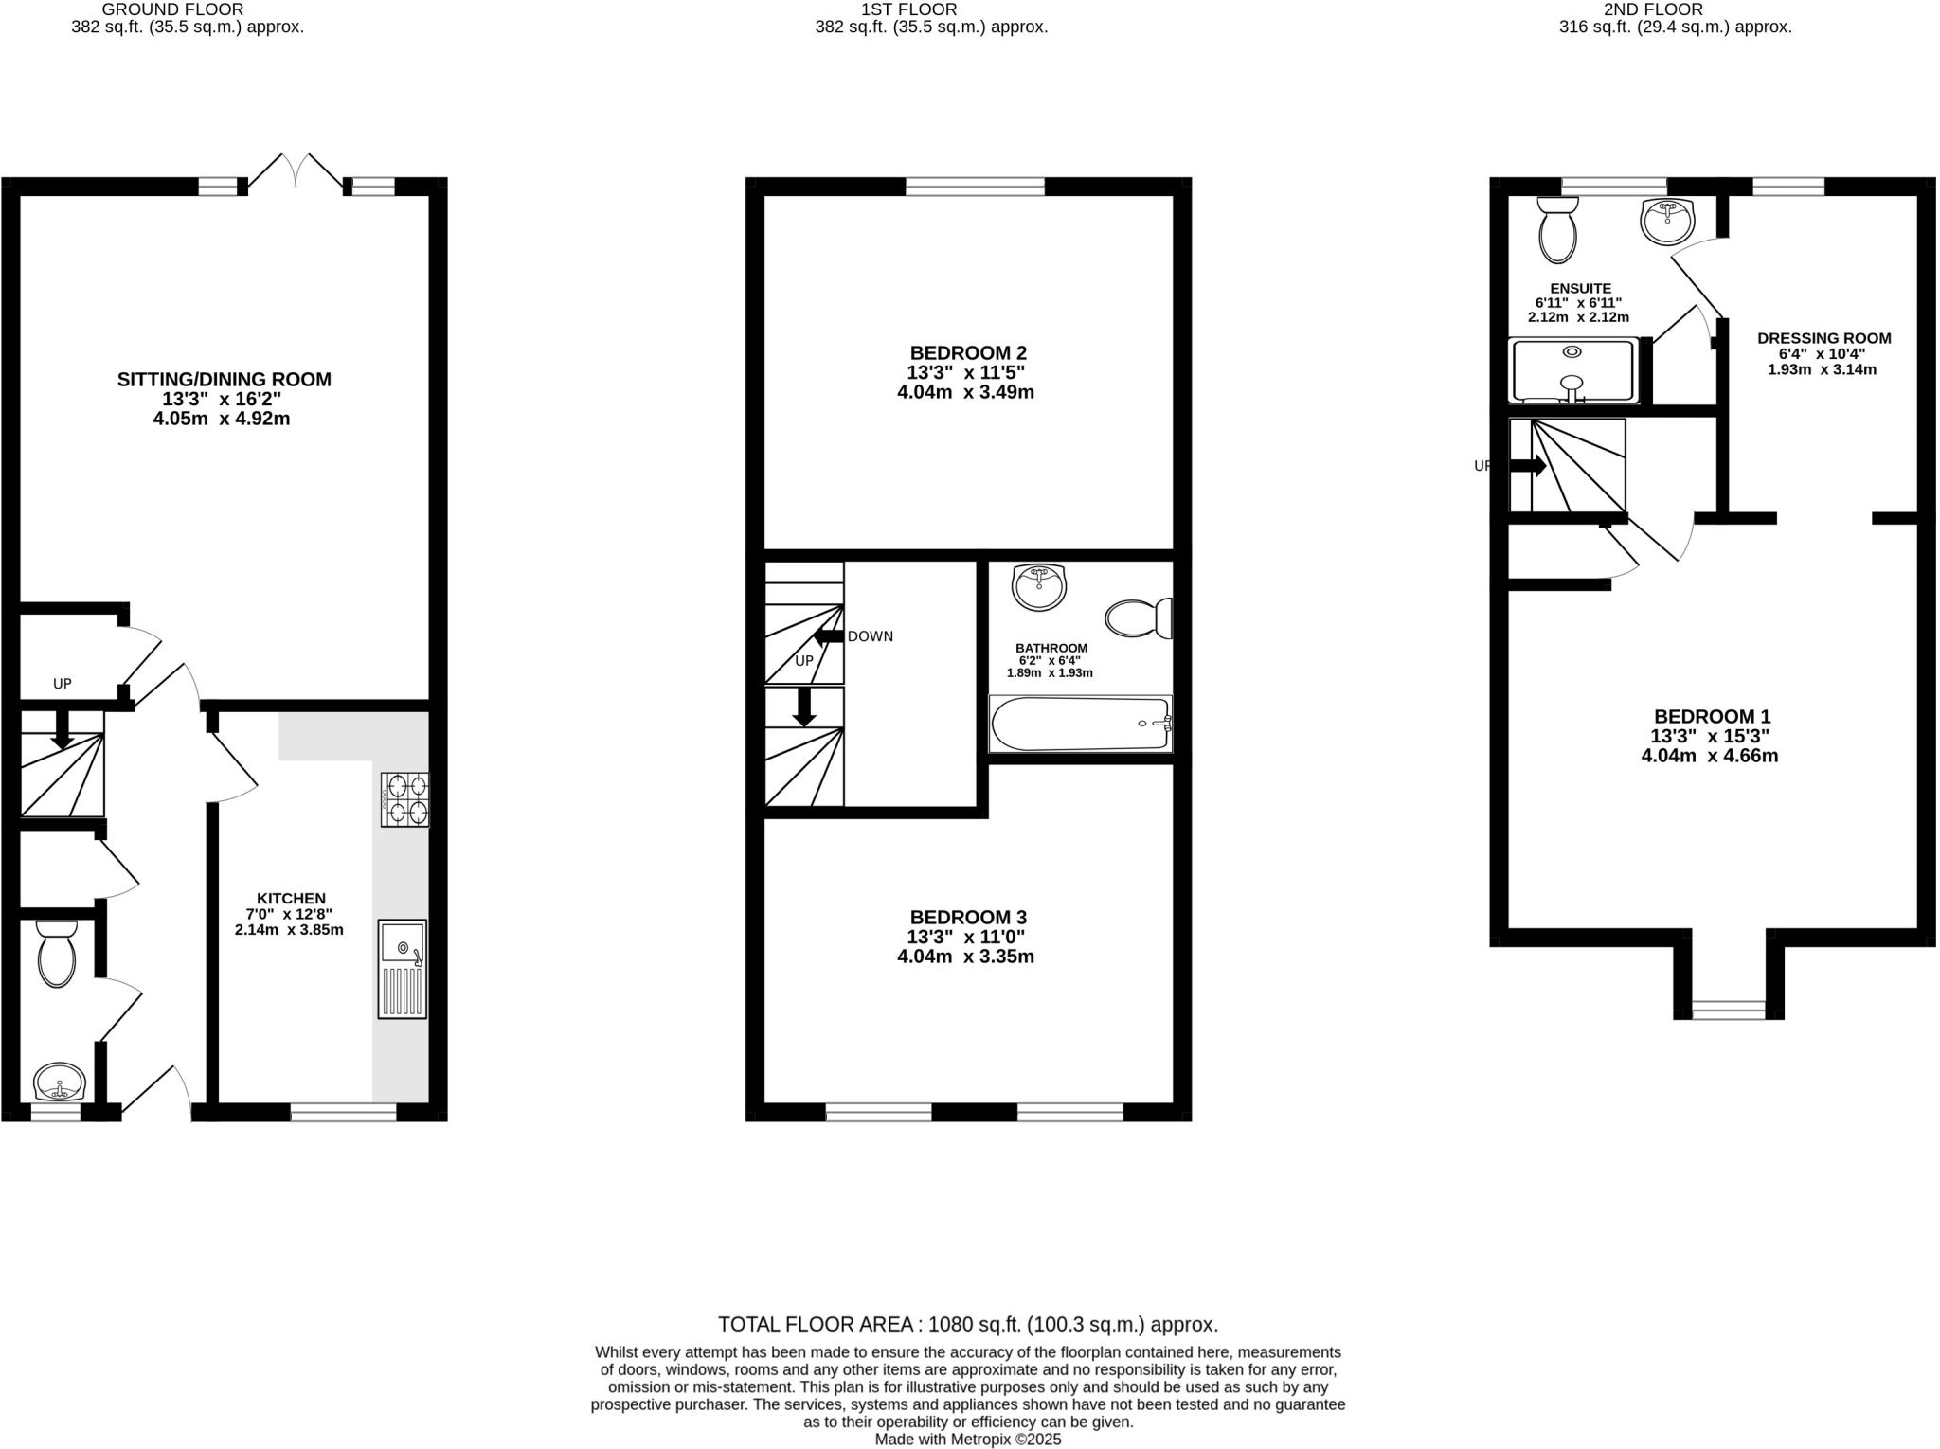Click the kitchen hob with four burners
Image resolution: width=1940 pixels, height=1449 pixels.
[404, 799]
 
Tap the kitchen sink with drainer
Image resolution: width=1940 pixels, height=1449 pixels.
[403, 968]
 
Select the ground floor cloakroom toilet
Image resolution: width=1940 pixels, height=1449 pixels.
[56, 954]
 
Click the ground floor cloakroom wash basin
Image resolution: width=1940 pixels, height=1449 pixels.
[60, 1081]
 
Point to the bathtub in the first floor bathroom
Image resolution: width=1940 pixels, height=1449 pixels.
[1080, 724]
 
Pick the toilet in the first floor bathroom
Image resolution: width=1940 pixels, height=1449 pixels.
[1138, 618]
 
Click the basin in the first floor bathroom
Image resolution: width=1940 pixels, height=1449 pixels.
[1039, 587]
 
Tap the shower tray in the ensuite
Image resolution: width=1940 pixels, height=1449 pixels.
[1572, 370]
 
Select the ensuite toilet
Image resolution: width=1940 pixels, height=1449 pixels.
[1557, 229]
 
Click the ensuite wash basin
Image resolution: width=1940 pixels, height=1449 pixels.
[1666, 221]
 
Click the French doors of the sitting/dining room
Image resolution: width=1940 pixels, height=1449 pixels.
[296, 171]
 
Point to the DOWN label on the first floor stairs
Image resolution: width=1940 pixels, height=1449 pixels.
[870, 636]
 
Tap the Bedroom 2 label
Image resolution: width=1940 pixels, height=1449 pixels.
[967, 352]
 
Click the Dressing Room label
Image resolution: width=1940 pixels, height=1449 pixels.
[1823, 338]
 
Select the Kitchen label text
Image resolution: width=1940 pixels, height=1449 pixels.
[291, 898]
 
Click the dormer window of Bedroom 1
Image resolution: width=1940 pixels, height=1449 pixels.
[1728, 1010]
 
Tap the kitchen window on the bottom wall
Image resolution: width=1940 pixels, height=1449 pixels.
[343, 1112]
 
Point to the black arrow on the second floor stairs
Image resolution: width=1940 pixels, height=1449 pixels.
[1527, 466]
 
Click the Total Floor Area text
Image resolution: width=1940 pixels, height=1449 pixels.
[967, 1324]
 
